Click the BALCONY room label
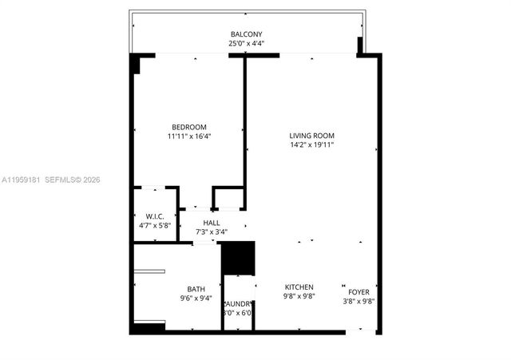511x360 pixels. pos(247,34)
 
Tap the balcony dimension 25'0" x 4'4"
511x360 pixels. pos(247,44)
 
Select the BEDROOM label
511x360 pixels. pos(189,127)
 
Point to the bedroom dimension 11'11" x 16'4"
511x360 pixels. pos(189,136)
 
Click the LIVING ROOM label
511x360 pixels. pos(311,136)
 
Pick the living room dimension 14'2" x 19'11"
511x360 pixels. pos(311,145)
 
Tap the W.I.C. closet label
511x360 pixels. pos(154,216)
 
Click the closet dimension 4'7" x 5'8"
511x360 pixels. pos(154,226)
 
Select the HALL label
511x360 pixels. pos(212,223)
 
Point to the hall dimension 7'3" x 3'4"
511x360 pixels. pos(212,232)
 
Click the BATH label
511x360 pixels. pos(196,289)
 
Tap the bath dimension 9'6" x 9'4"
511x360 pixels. pos(196,299)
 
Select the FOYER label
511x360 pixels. pos(358,291)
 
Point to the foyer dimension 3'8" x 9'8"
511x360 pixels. pos(358,301)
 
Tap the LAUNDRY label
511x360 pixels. pos(238,303)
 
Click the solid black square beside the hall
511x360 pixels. pos(237,258)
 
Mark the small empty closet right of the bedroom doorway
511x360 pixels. pos(228,198)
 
